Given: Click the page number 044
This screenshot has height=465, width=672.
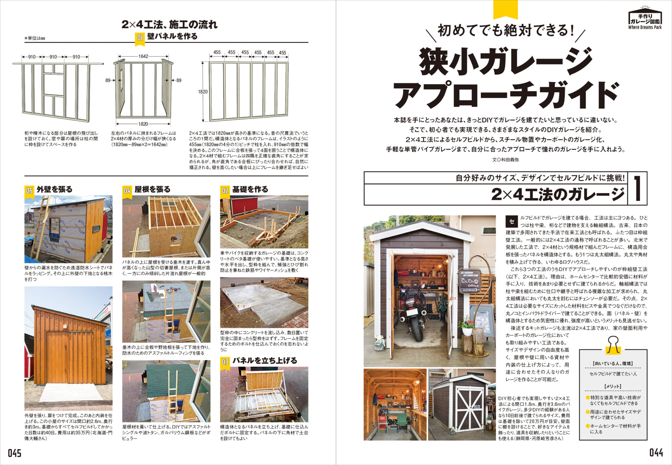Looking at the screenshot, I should (x=656, y=453).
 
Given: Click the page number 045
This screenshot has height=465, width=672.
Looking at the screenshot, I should (x=14, y=453).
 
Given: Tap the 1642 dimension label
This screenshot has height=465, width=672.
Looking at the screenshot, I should (x=143, y=56).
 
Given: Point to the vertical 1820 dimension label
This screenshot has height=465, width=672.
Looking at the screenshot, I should (x=202, y=92).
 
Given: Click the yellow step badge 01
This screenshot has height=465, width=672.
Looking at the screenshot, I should (x=140, y=38).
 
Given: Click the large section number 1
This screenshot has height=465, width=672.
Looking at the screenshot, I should (x=637, y=188).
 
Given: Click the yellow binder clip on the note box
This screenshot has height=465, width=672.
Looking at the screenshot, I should (x=613, y=345).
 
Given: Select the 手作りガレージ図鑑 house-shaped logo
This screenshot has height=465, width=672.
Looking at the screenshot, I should (x=645, y=18).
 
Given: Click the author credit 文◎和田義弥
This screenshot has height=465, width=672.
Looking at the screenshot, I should (x=505, y=160).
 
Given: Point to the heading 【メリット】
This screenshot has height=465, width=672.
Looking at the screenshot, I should (x=613, y=387).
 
